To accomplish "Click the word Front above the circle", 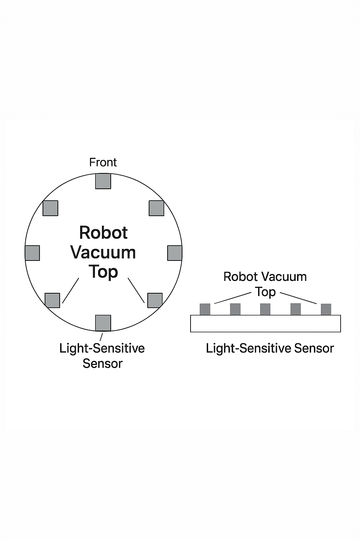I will (103, 162).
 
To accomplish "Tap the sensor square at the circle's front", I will (103, 181).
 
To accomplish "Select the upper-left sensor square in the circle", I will (50, 208).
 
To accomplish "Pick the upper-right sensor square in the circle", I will (156, 208).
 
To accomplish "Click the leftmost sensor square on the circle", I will (32, 253).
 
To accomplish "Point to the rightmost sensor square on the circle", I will (174, 253).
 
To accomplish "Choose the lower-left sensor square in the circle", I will (52, 300).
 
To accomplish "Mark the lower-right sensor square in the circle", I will (155, 300).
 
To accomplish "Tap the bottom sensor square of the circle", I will (103, 323).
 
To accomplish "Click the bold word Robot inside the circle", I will (103, 233).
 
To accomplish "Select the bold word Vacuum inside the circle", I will (103, 252).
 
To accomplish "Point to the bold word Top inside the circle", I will (103, 272).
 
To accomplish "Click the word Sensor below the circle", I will (102, 364).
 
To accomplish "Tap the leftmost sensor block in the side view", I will (205, 309).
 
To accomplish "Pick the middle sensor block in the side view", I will (265, 309).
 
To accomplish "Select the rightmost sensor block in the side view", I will (326, 309).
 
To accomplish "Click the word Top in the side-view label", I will (265, 292).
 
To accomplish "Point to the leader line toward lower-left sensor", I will (71, 290).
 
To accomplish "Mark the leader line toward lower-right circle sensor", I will (136, 290).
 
